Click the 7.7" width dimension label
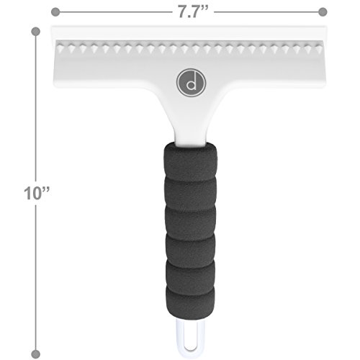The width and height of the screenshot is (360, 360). tap(193, 12)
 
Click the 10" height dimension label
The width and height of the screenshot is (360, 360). tap(37, 193)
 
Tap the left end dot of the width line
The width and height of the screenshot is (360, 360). tap(55, 12)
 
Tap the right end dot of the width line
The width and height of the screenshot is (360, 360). tap(323, 12)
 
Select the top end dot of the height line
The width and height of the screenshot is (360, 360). tap(36, 32)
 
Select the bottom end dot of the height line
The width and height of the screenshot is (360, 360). tap(36, 354)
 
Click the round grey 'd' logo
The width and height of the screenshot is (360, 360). tap(192, 83)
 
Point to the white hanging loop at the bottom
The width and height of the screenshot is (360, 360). tap(191, 338)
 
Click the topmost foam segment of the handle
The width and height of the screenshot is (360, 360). tap(191, 160)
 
